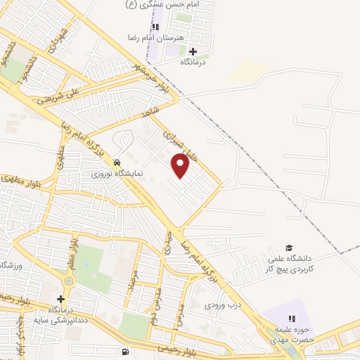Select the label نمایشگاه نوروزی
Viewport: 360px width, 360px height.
(119, 172)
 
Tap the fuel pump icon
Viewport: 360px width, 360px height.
(125, 352)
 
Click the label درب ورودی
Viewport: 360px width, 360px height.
(223, 306)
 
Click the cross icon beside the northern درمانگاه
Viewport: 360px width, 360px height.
(193, 51)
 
